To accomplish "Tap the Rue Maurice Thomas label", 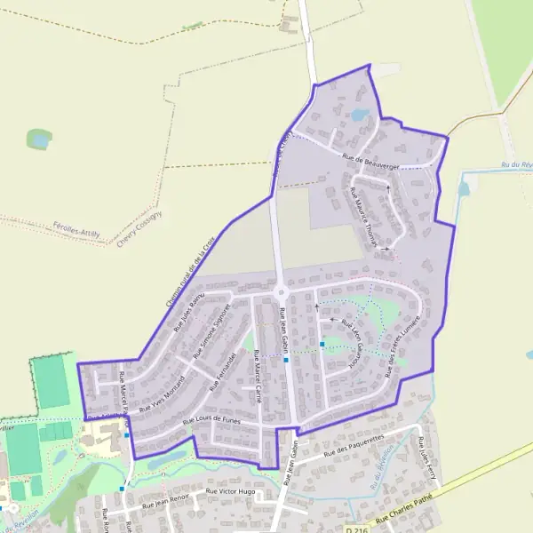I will [364, 216].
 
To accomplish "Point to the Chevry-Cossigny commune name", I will [139, 229].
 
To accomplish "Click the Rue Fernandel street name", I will [222, 371].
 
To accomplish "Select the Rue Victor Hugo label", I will [230, 491].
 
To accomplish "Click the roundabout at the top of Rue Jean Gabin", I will [282, 291].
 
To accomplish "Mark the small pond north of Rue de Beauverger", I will [360, 115].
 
